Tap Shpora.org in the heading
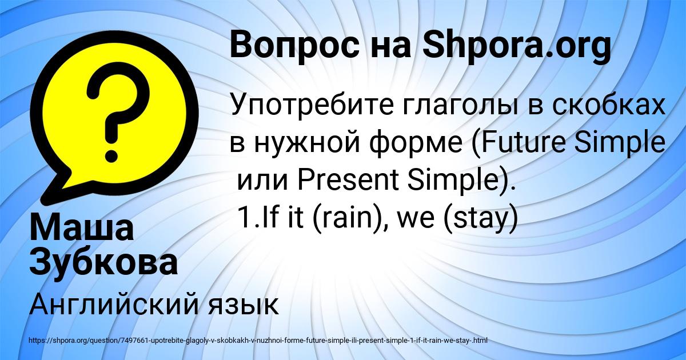point(517,46)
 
